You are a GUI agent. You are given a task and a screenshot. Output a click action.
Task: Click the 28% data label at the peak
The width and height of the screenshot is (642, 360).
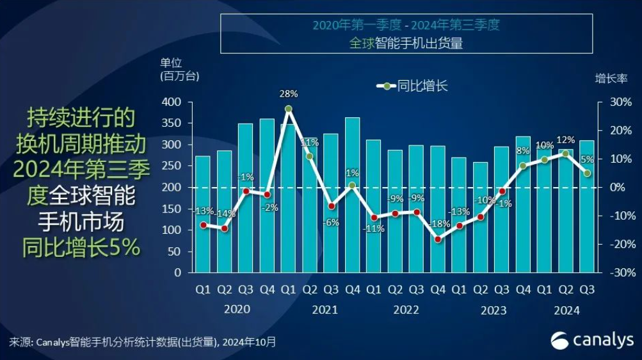289,94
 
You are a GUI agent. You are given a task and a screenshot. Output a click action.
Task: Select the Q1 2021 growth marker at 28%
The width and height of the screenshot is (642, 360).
289,109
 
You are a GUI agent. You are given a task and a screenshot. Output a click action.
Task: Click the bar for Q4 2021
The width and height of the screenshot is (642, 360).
352,195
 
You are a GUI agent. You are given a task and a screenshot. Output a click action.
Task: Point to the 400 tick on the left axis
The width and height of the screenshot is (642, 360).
172,102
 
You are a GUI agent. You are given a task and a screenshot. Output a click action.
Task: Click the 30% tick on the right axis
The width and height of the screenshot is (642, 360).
614,102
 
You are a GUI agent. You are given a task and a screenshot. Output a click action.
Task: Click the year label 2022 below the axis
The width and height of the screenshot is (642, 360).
406,310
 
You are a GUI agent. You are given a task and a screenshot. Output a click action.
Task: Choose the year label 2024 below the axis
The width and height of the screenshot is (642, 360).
566,310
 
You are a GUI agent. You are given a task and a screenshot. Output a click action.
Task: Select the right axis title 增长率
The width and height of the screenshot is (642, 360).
611,78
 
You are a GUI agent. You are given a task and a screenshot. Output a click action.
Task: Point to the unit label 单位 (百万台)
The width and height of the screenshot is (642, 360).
179,69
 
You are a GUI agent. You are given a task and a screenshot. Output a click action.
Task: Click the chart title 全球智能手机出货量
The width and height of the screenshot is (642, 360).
405,43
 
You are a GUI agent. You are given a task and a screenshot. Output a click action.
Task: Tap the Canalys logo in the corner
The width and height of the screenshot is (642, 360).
592,340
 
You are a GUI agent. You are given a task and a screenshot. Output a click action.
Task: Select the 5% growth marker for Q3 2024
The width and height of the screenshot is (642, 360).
587,173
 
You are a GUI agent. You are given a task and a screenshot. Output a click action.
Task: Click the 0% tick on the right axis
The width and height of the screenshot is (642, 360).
616,188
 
